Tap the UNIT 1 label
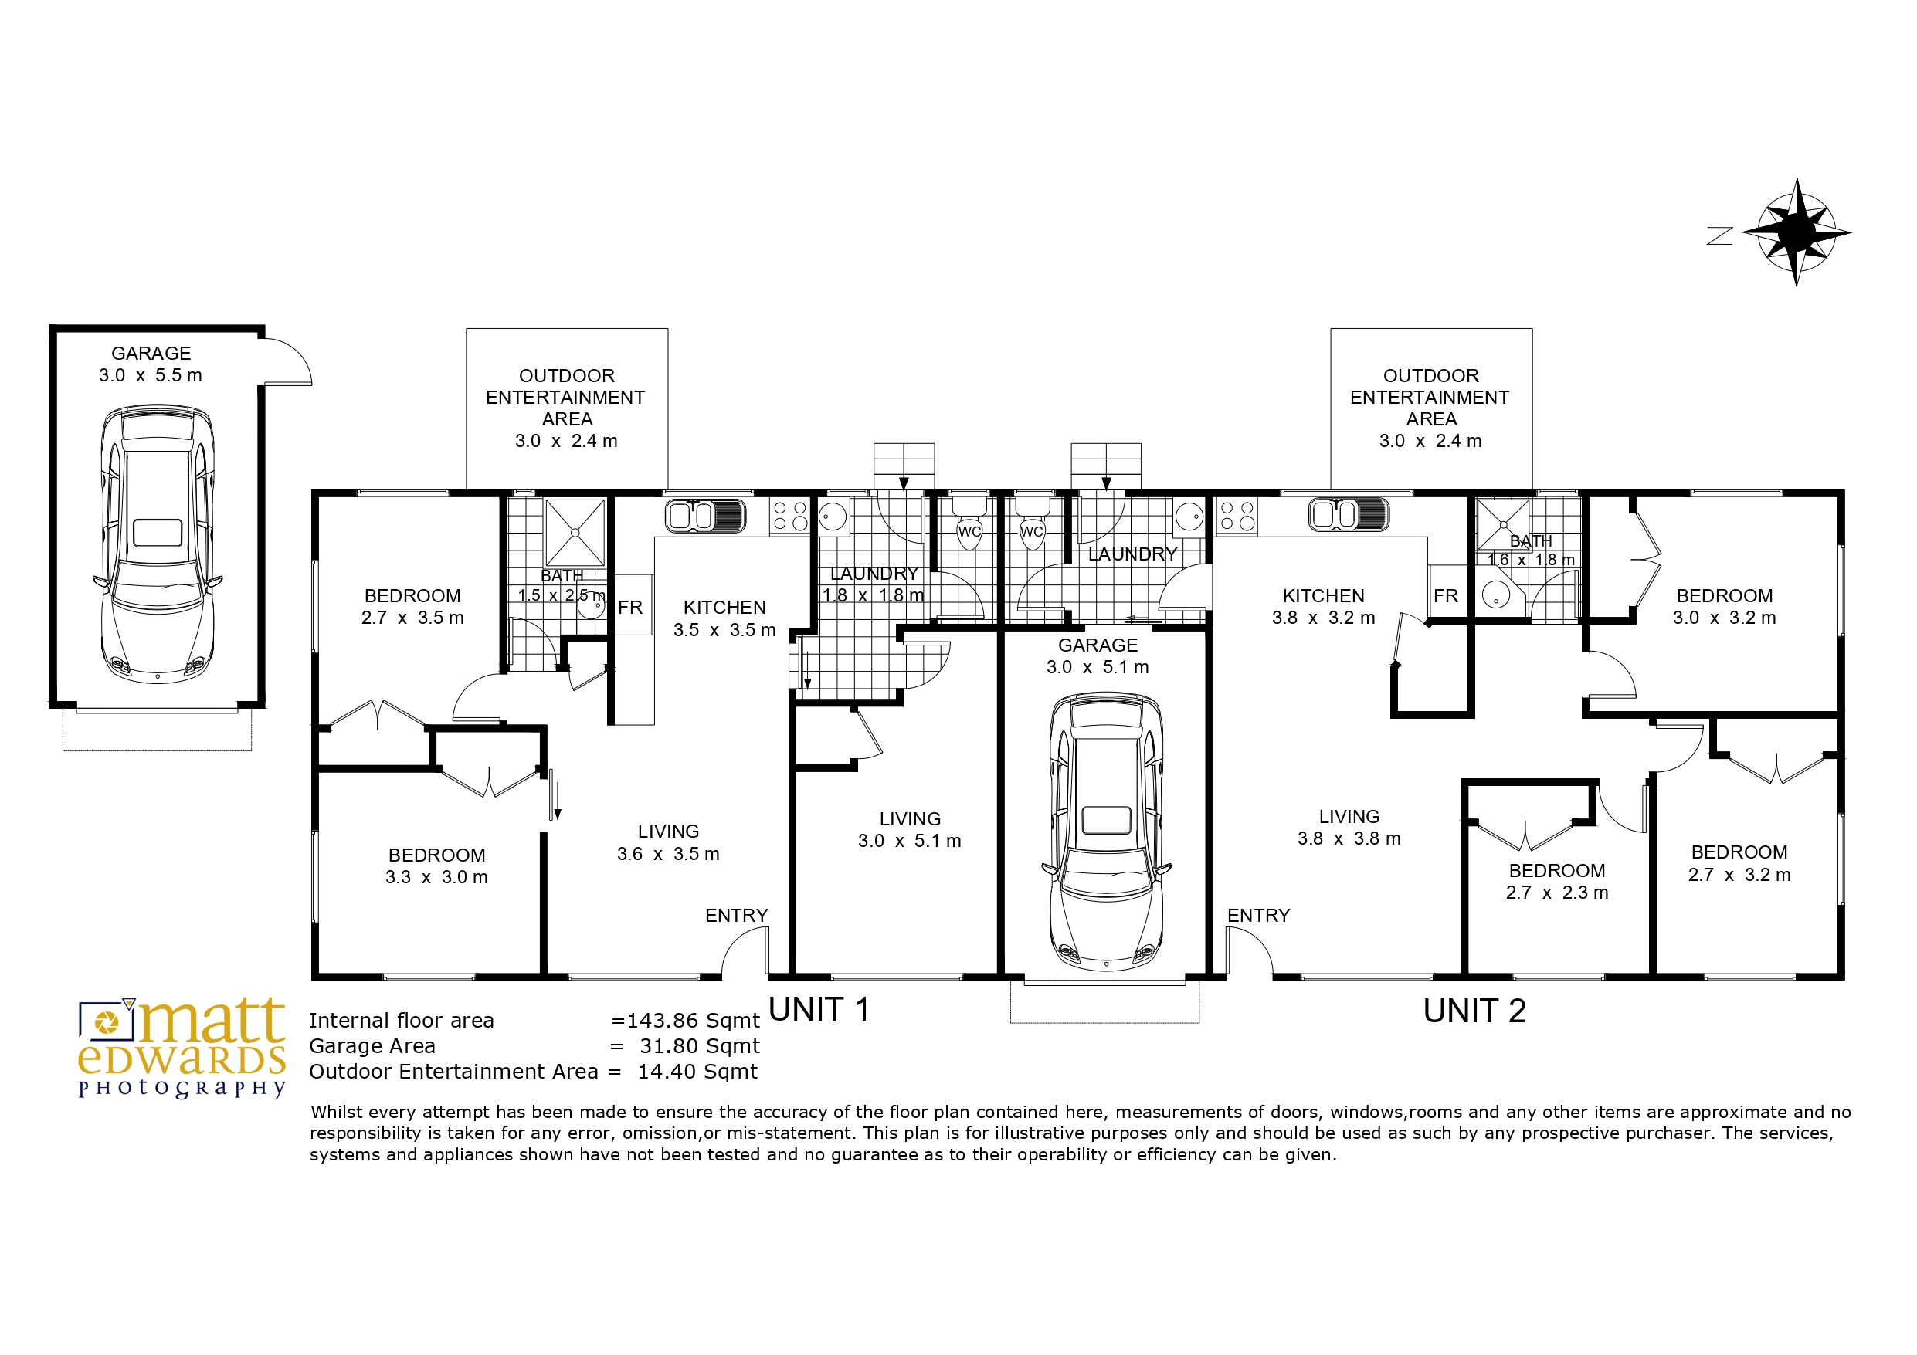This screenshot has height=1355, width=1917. point(819,1010)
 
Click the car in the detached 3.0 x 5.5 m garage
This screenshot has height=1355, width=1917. point(157,544)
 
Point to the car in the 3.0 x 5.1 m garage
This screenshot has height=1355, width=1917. point(1105,830)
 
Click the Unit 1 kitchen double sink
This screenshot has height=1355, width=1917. point(705,515)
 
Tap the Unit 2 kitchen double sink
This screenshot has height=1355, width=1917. point(1349,514)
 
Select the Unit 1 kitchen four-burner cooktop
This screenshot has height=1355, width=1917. point(790,516)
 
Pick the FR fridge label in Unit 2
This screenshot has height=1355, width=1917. point(1445,596)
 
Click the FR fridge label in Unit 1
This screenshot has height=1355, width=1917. point(630,608)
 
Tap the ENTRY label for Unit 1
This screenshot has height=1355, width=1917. point(736,916)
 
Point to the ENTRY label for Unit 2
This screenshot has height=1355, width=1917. point(1258,916)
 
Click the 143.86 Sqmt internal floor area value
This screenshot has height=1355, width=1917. point(686,1021)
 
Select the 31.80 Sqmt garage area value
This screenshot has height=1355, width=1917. point(700,1046)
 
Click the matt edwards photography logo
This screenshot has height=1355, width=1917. point(182,1048)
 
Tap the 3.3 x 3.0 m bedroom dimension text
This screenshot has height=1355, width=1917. point(436,877)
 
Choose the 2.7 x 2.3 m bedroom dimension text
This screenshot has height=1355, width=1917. point(1557,893)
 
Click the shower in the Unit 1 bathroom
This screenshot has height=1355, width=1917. point(575,533)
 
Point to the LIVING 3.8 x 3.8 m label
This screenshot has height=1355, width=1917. point(1349,828)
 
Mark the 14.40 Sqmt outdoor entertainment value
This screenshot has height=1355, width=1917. point(698,1072)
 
